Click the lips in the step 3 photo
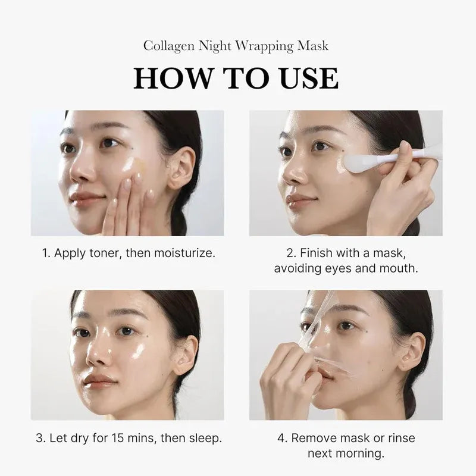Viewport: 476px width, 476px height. [x=99, y=379]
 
